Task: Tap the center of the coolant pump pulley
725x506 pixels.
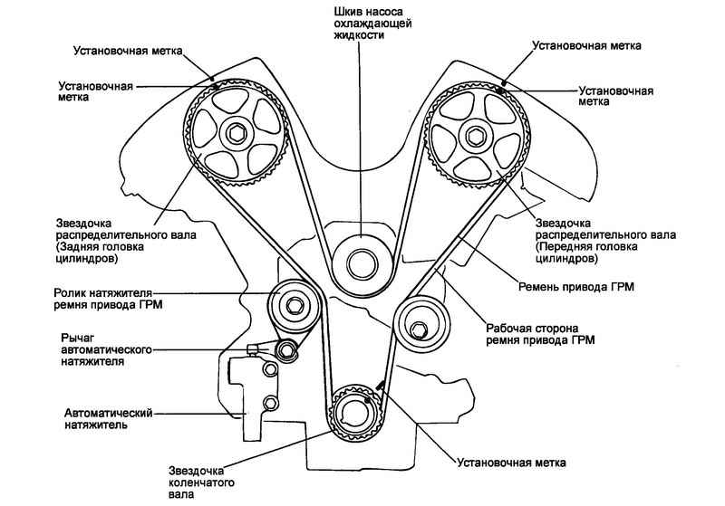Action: (x=362, y=264)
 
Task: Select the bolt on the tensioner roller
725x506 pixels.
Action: (x=293, y=305)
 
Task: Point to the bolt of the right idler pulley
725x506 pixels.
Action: (x=418, y=329)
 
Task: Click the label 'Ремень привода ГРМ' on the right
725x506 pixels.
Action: (x=575, y=287)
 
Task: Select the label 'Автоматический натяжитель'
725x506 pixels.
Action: (x=108, y=418)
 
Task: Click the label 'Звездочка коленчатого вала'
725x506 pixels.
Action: (x=201, y=482)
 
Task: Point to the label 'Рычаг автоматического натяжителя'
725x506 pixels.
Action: (x=106, y=349)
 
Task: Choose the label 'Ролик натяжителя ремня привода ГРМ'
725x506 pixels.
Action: (x=108, y=299)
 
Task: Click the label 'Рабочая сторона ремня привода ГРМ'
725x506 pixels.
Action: (x=539, y=335)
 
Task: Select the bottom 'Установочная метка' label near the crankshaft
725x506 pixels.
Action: (x=511, y=463)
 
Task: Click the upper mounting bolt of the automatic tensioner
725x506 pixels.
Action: (x=269, y=368)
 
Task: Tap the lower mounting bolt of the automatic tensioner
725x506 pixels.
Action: (x=270, y=404)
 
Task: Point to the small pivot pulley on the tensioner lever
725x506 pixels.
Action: (x=286, y=350)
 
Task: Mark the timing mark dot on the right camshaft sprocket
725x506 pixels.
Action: (x=500, y=90)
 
